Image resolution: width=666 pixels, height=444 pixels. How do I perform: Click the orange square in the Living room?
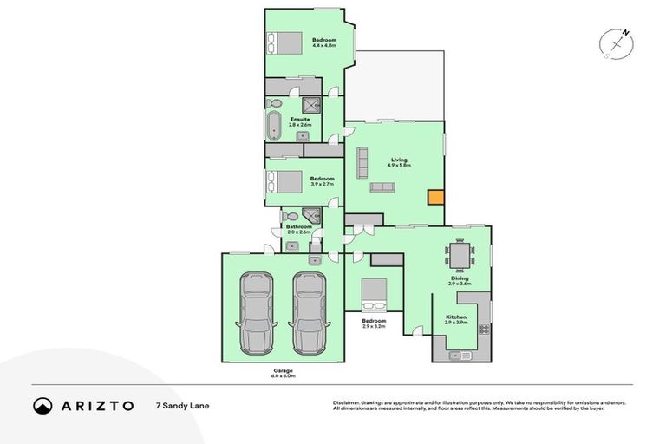point(435,197)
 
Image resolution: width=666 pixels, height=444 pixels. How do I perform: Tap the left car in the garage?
point(258,313)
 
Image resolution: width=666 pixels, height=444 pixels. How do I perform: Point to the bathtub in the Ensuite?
point(274,125)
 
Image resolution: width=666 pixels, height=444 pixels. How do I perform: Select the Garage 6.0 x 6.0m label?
point(282,373)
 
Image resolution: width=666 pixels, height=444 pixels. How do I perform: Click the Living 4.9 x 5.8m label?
point(399,163)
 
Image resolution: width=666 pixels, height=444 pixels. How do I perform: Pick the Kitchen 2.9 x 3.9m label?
point(456,320)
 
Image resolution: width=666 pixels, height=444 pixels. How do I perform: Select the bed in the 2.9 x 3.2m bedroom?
point(375,294)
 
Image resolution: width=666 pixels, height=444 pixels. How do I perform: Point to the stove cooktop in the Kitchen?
point(483,330)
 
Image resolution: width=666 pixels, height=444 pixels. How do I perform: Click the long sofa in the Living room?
point(362,163)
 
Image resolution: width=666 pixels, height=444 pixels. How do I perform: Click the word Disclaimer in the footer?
point(348,403)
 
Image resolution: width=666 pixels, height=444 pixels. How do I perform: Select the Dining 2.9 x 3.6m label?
point(459,282)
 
